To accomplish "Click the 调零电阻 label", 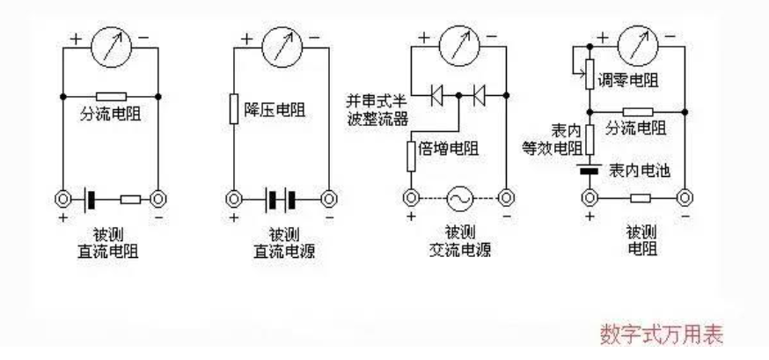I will coord(627,80).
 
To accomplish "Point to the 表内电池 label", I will coord(640,170).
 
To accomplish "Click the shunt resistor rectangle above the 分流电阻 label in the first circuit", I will coord(111,95).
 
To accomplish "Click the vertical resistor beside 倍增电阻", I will coord(412,155).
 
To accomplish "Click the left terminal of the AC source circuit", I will coord(411,197).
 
